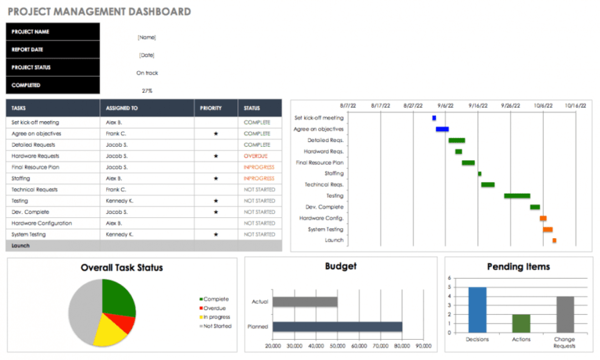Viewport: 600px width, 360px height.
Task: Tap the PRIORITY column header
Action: [211, 108]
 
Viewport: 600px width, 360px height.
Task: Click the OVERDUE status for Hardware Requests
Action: [256, 156]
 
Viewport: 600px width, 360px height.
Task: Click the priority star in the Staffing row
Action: [216, 179]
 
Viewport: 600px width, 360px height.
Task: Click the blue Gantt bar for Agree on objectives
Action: [442, 129]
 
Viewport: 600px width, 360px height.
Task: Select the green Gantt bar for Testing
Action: [516, 196]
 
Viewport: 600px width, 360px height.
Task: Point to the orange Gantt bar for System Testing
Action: [548, 230]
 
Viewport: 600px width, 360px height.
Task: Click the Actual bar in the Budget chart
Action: [305, 301]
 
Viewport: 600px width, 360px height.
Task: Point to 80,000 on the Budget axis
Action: [402, 345]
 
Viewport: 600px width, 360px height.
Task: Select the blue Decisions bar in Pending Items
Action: [477, 309]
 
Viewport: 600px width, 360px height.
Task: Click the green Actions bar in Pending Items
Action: [521, 323]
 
